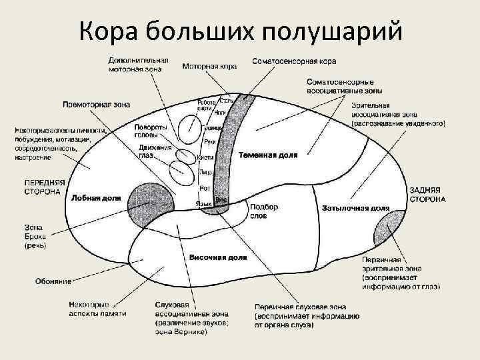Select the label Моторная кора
pos(210,66)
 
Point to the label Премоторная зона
pos(96,105)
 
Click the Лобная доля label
pos(96,197)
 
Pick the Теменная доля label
pos(268,154)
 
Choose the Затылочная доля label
pos(355,208)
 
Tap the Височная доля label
pos(218,257)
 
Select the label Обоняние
pos(54,281)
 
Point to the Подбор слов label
pos(264,211)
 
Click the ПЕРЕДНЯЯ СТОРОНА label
pos(45,186)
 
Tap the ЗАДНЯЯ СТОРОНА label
pos(427,194)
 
